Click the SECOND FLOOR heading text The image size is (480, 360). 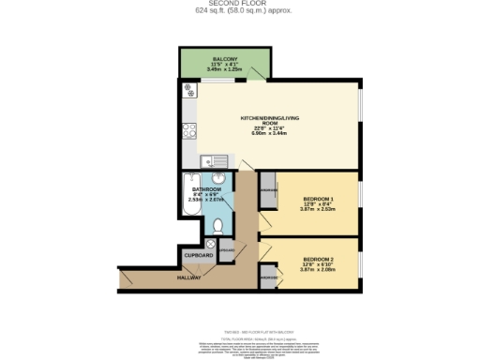click(239, 5)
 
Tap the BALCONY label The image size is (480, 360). click(225, 58)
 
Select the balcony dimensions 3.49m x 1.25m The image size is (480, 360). click(225, 69)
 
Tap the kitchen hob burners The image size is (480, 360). click(188, 92)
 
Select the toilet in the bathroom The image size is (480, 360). click(217, 225)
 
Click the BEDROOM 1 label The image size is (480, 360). click(319, 198)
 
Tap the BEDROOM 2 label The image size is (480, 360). click(319, 258)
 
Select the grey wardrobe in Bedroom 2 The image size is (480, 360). click(268, 278)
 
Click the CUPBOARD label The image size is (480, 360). click(199, 255)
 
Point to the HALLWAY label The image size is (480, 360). click(189, 277)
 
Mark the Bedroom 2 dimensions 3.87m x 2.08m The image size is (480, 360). click(319, 270)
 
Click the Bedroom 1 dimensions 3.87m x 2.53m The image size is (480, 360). click(319, 210)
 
